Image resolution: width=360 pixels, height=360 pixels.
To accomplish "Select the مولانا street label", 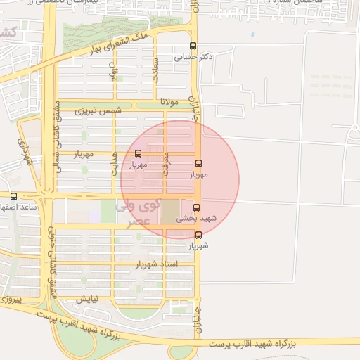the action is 171,102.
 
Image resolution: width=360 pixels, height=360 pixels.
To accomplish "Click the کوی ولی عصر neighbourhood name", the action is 140,213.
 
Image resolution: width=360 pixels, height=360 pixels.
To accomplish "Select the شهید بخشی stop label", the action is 200,218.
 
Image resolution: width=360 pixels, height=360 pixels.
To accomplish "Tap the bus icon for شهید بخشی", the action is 197,207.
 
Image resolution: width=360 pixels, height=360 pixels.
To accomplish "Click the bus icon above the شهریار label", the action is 198,236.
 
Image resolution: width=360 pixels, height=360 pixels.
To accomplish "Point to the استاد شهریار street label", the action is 159,264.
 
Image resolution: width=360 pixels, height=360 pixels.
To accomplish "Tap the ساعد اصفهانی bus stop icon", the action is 13,196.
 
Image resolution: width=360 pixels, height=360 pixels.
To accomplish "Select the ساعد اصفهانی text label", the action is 17,207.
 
